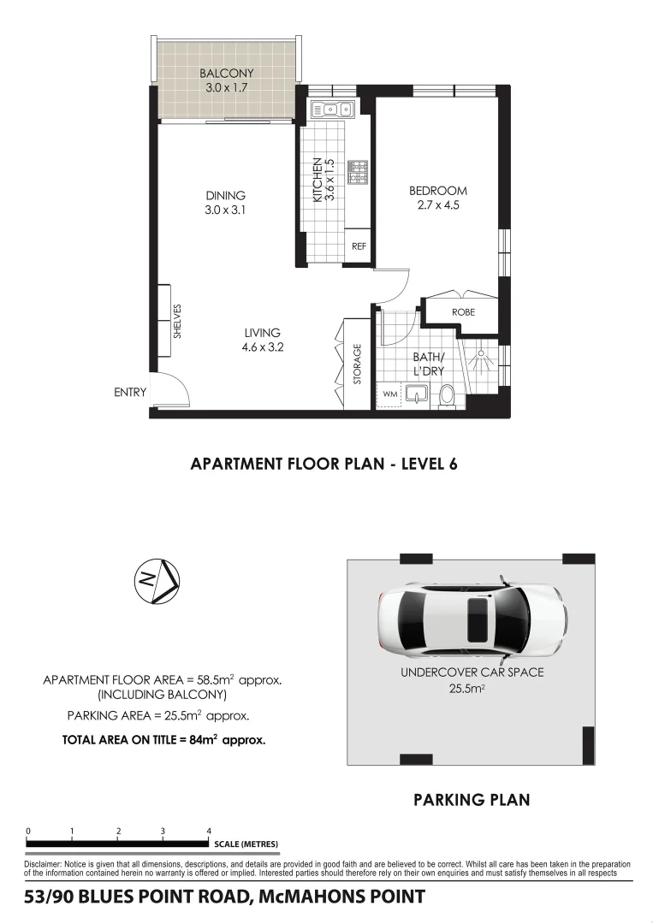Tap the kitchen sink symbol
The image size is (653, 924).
click(333, 110)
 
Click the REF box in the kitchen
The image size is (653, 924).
click(359, 246)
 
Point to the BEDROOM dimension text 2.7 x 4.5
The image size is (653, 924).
click(438, 205)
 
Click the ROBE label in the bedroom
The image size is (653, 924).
click(463, 312)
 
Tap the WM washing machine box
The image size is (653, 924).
click(390, 394)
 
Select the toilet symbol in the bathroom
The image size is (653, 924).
click(445, 395)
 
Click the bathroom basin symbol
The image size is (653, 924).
click(418, 394)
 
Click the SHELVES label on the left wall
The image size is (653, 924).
click(178, 320)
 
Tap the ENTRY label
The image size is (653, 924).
click(130, 393)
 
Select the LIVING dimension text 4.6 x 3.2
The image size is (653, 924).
click(262, 347)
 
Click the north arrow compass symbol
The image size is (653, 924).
click(157, 581)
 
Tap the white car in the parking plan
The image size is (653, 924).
click(472, 617)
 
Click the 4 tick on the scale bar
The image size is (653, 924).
click(209, 831)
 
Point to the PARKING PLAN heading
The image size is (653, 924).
click(472, 801)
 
